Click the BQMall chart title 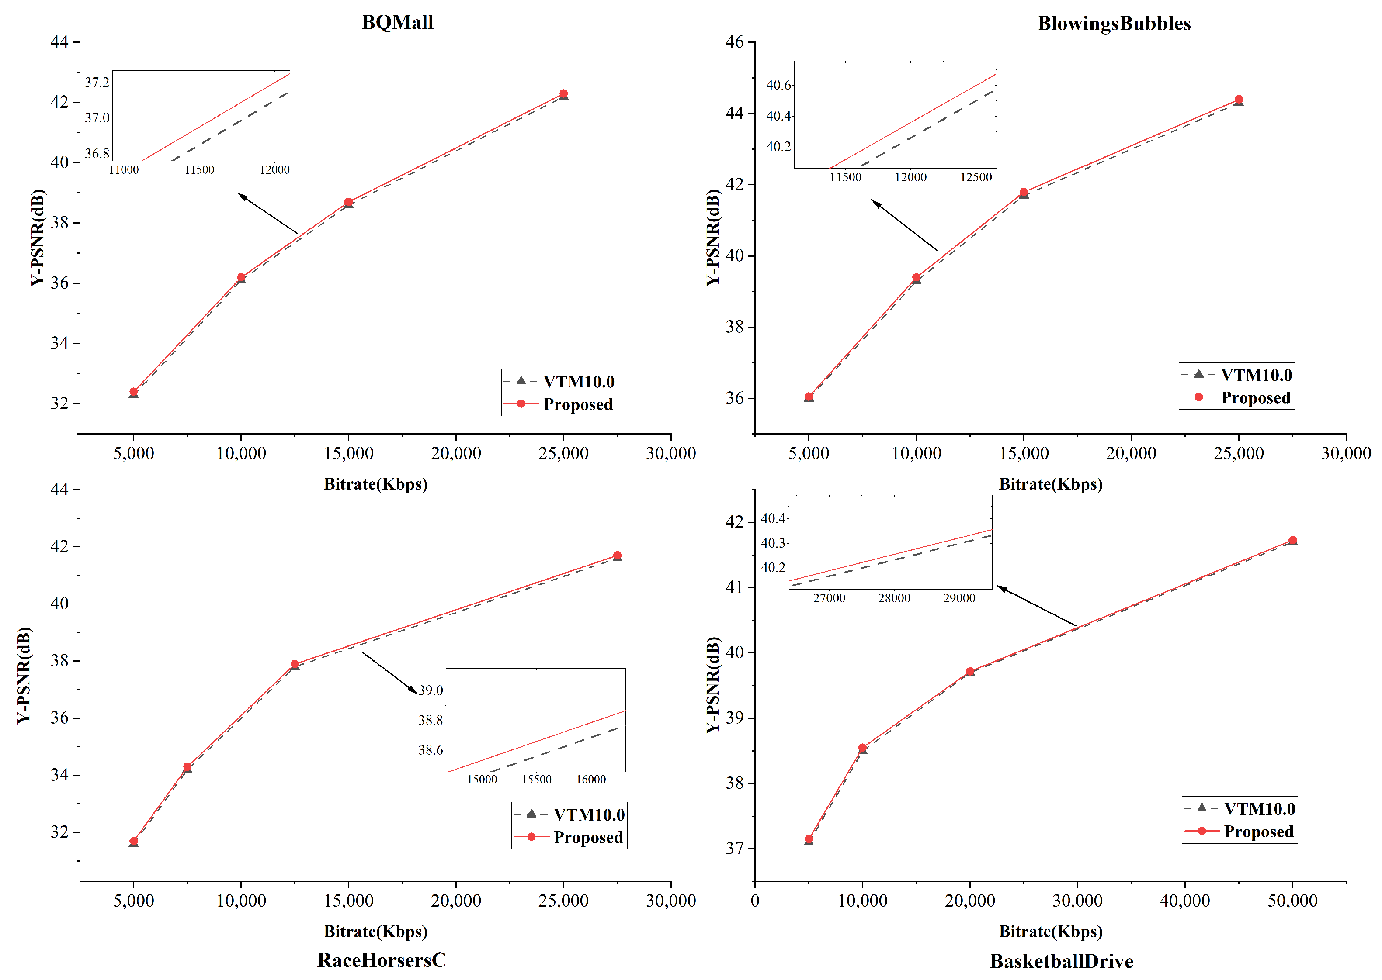click(397, 22)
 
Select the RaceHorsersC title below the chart click(381, 959)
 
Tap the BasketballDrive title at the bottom click(1061, 961)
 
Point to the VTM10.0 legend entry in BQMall click(578, 381)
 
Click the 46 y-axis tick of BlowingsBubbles click(734, 42)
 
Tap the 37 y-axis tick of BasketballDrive click(734, 849)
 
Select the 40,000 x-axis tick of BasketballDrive click(1184, 901)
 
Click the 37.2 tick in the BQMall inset click(97, 82)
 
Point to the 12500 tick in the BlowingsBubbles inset click(976, 177)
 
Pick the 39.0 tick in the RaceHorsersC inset click(431, 690)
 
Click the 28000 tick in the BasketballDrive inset click(893, 597)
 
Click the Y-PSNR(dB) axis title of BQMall click(38, 237)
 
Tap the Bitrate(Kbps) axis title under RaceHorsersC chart click(375, 931)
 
